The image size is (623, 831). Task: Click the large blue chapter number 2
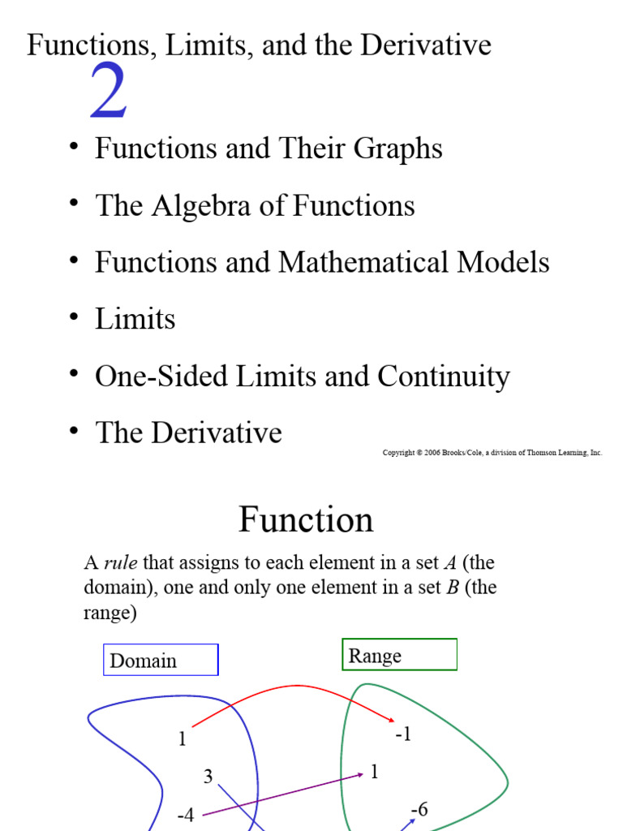tap(109, 90)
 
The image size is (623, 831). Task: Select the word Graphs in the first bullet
tap(397, 149)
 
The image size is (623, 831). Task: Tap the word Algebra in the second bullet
tap(201, 205)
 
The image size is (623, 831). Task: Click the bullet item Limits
tap(135, 318)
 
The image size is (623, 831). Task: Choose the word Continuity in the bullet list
tap(444, 377)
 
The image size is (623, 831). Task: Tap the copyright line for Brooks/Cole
tap(492, 453)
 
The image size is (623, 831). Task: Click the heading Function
tap(306, 519)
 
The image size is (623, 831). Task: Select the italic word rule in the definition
tap(120, 562)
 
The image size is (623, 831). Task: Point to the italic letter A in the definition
tap(449, 562)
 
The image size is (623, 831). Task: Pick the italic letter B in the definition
tap(453, 588)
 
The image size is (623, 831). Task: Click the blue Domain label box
tap(161, 660)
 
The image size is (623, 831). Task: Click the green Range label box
tap(399, 655)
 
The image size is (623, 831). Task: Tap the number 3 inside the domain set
tap(208, 777)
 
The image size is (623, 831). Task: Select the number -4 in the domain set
tap(186, 814)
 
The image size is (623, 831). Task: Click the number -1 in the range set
tap(403, 734)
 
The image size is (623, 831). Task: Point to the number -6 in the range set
tap(419, 809)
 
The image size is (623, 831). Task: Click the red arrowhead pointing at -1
tap(392, 719)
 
